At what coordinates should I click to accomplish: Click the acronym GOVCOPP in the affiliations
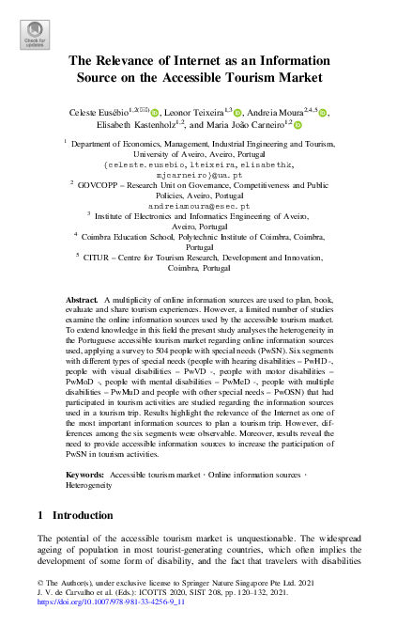tap(99, 187)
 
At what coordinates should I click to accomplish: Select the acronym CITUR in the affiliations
tap(107, 255)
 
